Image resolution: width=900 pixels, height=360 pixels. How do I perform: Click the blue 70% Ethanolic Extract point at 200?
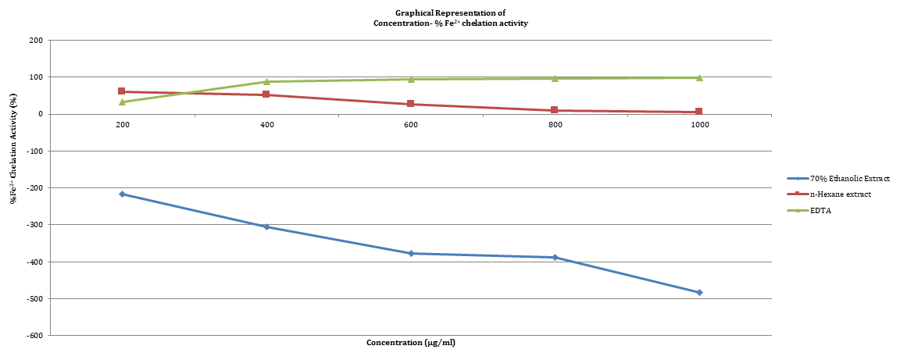122,194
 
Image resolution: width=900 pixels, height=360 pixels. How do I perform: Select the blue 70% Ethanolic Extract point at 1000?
699,292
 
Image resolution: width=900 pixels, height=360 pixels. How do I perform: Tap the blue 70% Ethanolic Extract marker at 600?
411,253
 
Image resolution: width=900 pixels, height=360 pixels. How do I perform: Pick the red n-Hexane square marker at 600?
411,104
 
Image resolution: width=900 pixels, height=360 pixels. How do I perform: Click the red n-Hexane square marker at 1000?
699,112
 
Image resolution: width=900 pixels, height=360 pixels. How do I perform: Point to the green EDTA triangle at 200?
122,102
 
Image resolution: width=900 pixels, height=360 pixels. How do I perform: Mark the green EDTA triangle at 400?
266,81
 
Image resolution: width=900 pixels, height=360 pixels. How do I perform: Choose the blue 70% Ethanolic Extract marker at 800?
555,257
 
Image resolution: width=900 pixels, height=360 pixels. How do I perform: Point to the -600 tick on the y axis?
35,335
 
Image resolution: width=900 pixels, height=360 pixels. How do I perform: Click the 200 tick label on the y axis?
37,40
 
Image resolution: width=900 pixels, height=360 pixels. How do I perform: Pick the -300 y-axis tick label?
35,225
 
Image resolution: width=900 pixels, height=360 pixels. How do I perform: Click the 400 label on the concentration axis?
266,125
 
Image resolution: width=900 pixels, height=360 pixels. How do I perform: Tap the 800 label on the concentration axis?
555,125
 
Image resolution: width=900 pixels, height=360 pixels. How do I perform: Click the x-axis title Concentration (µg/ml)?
409,343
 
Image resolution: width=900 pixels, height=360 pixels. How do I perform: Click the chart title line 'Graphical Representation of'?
449,13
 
